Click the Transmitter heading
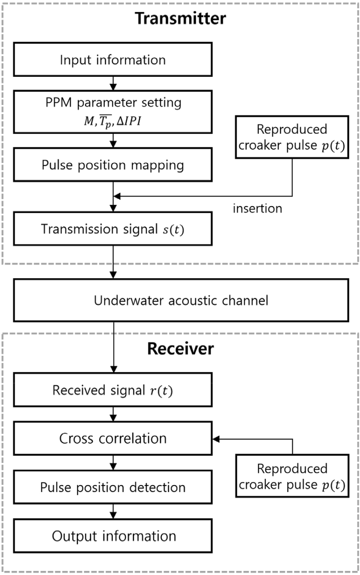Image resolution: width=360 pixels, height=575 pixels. tap(181, 19)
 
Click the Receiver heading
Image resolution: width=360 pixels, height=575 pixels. tap(181, 349)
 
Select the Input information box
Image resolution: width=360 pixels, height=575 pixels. tap(113, 59)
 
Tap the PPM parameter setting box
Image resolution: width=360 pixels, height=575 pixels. tap(113, 112)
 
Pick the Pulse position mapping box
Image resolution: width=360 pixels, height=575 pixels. tap(113, 165)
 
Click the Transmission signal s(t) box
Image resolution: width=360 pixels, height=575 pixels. tap(113, 229)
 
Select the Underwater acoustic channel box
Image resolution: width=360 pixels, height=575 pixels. tap(181, 300)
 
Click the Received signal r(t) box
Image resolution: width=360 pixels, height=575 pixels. tap(113, 390)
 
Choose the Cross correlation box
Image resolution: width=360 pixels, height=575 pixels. tap(113, 438)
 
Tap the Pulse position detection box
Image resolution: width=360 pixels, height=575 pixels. tap(113, 487)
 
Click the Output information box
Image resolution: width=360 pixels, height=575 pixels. tap(113, 536)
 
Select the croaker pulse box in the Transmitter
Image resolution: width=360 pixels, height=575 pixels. tap(292, 137)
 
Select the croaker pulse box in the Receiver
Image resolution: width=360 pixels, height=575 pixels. tap(292, 476)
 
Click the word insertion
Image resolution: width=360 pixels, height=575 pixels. tap(257, 208)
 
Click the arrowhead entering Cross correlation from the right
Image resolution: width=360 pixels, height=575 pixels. tap(216, 439)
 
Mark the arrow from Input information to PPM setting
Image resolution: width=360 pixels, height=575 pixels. tap(113, 83)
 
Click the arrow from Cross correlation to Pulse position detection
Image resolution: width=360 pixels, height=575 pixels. tap(113, 463)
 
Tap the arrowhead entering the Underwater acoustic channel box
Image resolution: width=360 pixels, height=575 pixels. tap(113, 275)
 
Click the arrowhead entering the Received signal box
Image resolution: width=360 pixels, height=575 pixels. tap(113, 369)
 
